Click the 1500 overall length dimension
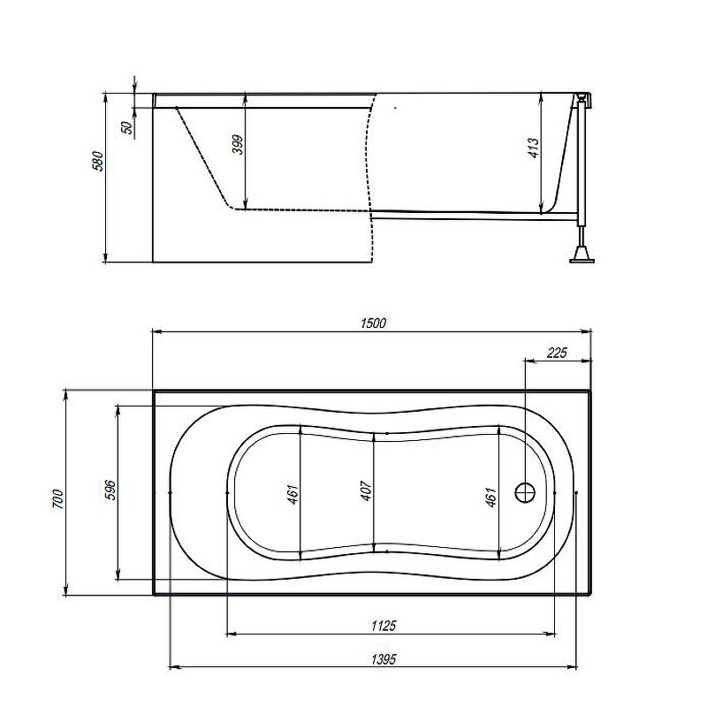tap(373, 323)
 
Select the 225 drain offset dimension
tap(557, 353)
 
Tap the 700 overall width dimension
tap(59, 498)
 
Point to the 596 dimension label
tap(110, 490)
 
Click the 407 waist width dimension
tap(366, 490)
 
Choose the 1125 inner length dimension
tap(384, 626)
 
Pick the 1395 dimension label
tap(384, 659)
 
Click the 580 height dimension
tap(98, 162)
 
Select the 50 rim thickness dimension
tap(128, 128)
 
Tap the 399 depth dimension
tap(238, 145)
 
